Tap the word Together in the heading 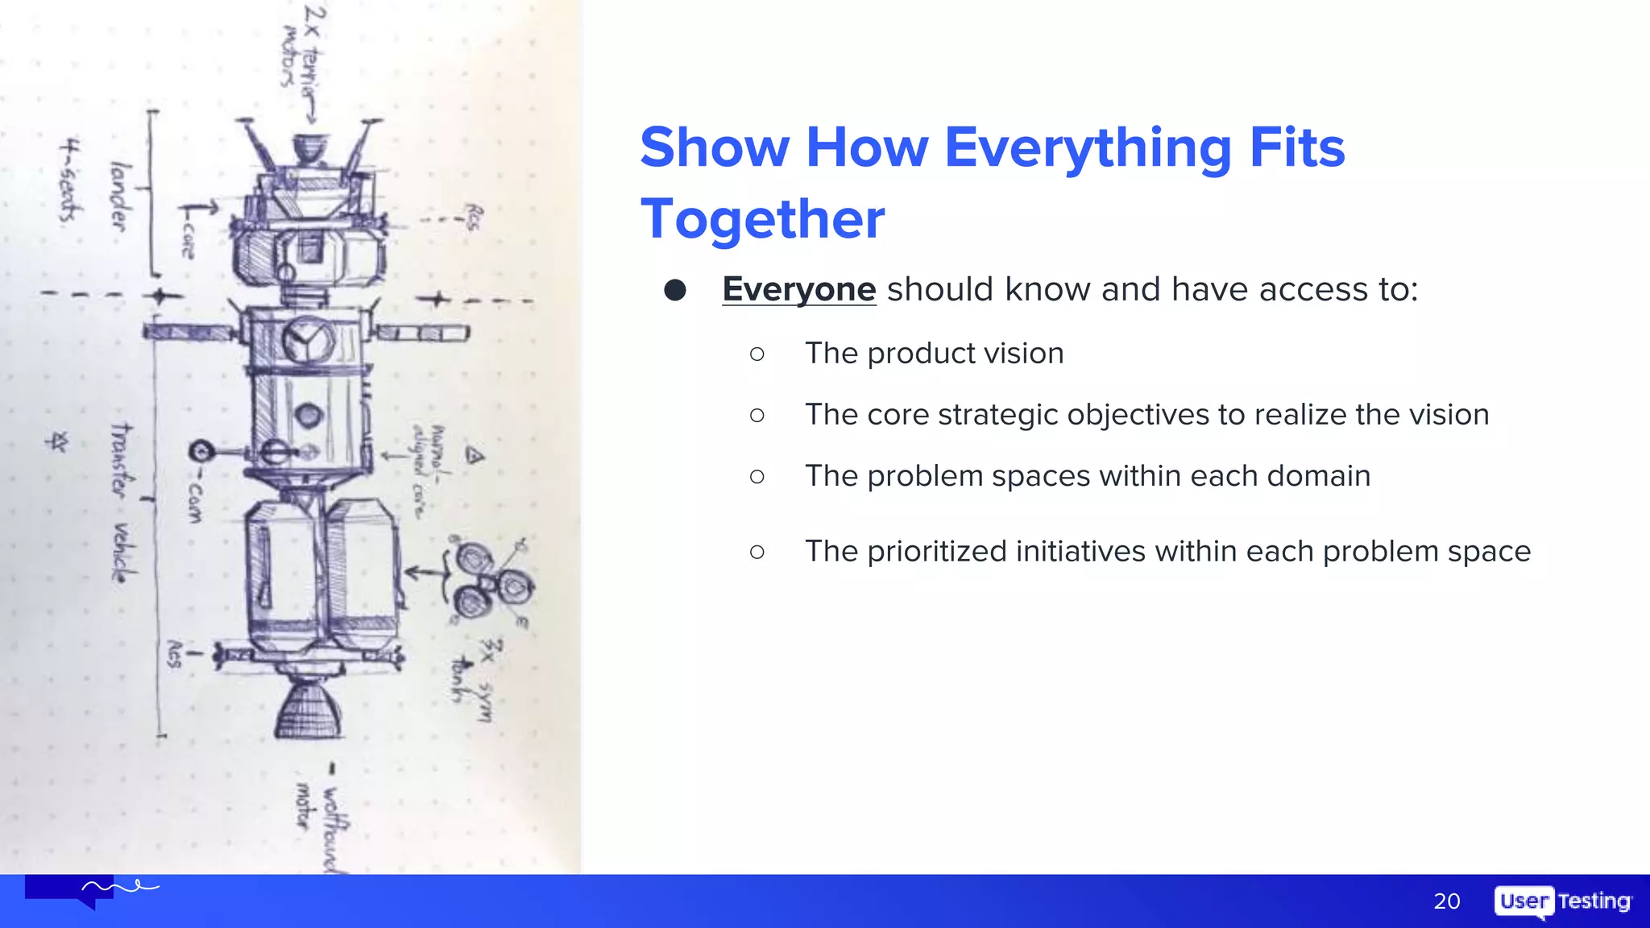[x=762, y=219]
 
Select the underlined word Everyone [x=798, y=289]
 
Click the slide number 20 [x=1446, y=901]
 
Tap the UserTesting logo [x=1562, y=901]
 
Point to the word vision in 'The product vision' [x=1025, y=354]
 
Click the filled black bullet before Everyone [x=675, y=290]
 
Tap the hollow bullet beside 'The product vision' [x=757, y=354]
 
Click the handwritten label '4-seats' [x=71, y=180]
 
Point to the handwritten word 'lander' [x=120, y=197]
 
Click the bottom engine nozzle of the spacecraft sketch [x=309, y=710]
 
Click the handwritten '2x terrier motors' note [x=302, y=48]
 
